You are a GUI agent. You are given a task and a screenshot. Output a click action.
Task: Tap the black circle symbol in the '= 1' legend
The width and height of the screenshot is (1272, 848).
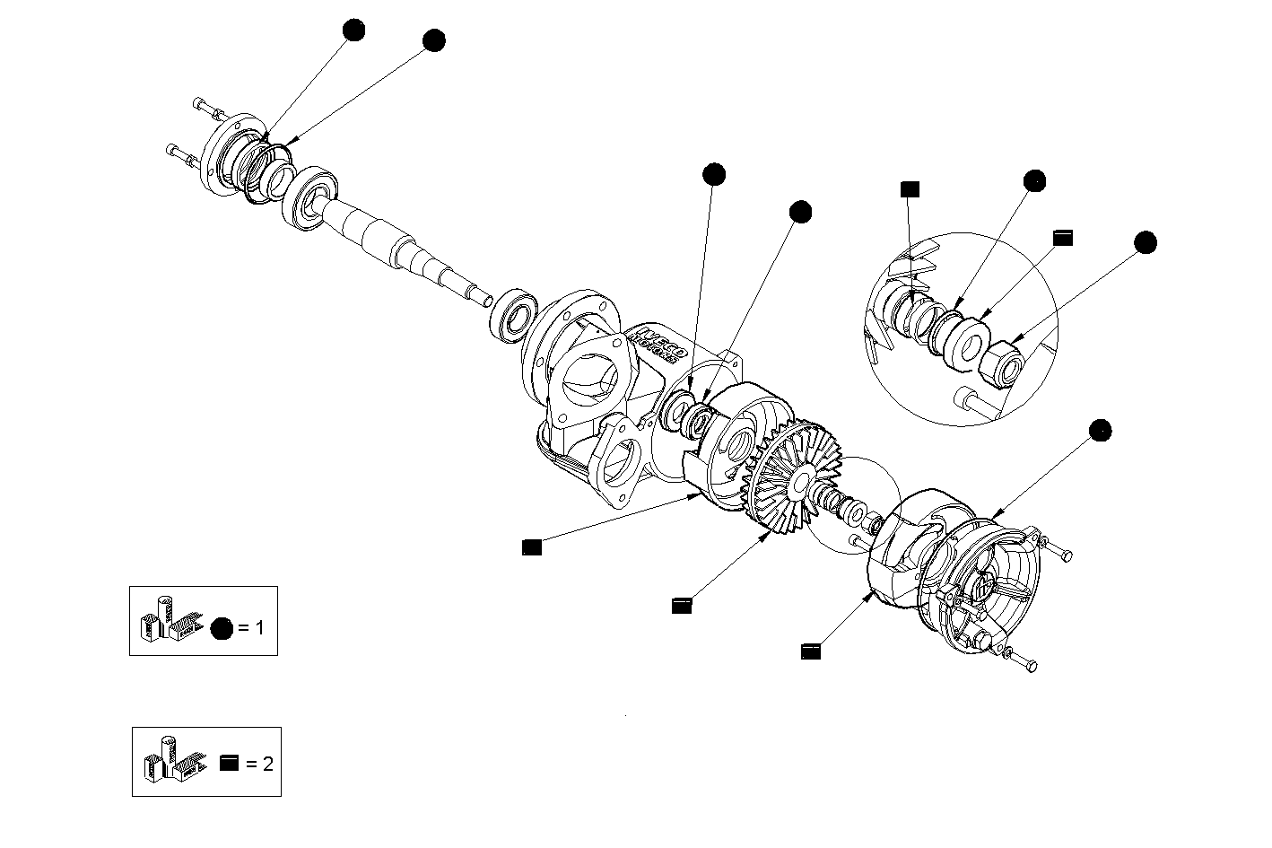[x=221, y=628]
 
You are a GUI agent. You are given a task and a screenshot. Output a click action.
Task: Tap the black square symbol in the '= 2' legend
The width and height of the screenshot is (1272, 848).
[x=230, y=764]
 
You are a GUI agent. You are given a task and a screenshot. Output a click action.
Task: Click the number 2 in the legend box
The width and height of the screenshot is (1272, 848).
[x=266, y=764]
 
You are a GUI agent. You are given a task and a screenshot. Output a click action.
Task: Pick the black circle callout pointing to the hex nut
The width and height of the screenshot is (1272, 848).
[x=1145, y=242]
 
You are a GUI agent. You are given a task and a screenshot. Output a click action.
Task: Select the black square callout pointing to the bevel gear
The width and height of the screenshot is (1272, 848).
[x=682, y=606]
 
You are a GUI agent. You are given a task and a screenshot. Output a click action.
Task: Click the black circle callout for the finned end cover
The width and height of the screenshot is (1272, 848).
[x=1100, y=430]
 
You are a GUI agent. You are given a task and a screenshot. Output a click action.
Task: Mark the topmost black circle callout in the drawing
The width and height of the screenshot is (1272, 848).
[x=354, y=31]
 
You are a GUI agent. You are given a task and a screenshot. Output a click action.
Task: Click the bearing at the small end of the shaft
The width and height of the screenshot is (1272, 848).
[x=513, y=314]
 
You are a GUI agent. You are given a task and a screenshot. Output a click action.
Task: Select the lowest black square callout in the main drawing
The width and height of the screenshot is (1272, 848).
[x=811, y=651]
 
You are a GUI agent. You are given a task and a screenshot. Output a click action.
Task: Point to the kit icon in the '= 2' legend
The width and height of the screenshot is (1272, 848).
[x=172, y=760]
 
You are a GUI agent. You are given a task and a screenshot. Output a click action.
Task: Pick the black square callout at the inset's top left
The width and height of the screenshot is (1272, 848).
[x=910, y=188]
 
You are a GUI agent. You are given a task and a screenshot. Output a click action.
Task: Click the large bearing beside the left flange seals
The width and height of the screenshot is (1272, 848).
[x=310, y=198]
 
